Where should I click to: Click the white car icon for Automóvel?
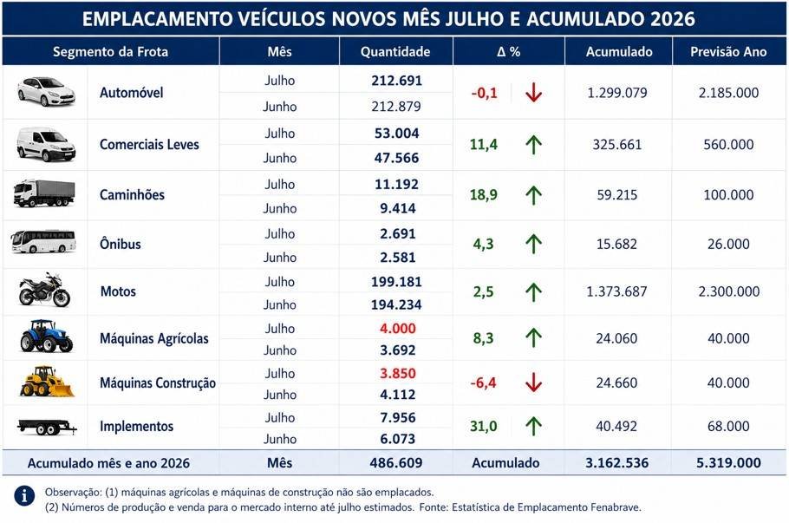[x=46, y=92]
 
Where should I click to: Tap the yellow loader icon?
[x=46, y=382]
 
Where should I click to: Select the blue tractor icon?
[x=46, y=337]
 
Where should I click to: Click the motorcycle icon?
[x=44, y=290]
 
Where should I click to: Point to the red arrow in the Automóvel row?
[x=533, y=93]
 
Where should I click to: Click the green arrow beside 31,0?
[x=533, y=426]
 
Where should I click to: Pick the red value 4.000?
[x=397, y=328]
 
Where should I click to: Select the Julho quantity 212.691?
[x=396, y=81]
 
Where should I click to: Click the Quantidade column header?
[x=395, y=52]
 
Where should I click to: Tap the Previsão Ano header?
[x=728, y=52]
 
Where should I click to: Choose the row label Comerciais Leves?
[x=149, y=145]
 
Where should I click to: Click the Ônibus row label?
[x=121, y=244]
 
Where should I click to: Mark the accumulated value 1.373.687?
[x=616, y=291]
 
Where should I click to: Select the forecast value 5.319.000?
[x=728, y=462]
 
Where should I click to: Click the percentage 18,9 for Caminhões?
[x=484, y=195]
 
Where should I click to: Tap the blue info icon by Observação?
[x=24, y=495]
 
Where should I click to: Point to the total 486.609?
[x=396, y=462]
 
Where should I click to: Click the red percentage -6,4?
[x=483, y=382]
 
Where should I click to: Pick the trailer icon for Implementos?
[x=47, y=427]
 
